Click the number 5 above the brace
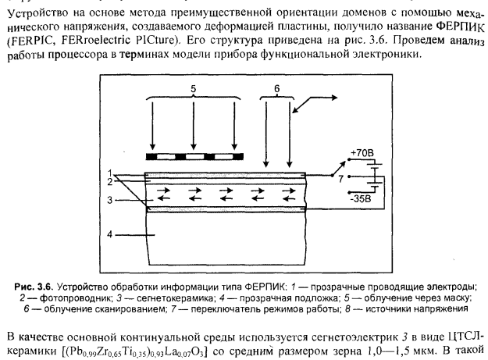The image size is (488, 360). pos(194,89)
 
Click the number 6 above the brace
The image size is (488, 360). pos(277,89)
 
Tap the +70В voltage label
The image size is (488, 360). pos(362,153)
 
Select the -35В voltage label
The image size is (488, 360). pos(361,198)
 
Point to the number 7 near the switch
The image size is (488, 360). pos(340,179)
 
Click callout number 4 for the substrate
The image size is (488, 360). pos(109,234)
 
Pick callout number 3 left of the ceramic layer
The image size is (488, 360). pos(109,200)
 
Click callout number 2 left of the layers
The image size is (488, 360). pos(109,182)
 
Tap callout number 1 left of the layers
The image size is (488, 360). pos(109,173)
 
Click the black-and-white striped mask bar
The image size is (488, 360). pos(195,156)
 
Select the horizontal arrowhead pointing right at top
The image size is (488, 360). pos(334,98)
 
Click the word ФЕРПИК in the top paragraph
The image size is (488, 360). pos(461,27)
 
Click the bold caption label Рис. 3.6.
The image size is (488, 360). pos(34,287)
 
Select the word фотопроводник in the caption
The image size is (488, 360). pos(75,298)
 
